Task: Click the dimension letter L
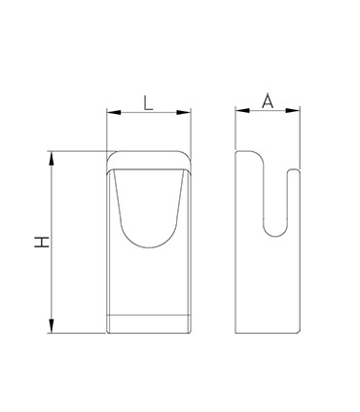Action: [x=148, y=104]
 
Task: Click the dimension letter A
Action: [x=268, y=101]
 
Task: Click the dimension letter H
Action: [x=42, y=243]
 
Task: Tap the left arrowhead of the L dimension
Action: [x=114, y=112]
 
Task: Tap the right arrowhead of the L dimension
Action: [x=184, y=112]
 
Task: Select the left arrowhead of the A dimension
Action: [x=242, y=110]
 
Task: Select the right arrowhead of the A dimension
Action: [x=293, y=110]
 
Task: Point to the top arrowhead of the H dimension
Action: [x=52, y=159]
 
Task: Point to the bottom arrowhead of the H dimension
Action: [x=52, y=325]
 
